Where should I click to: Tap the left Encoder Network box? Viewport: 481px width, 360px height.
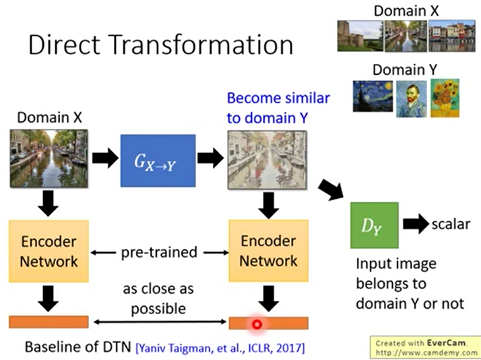(49, 251)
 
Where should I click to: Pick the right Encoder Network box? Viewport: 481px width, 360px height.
(268, 251)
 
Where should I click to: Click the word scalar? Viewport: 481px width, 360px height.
(451, 223)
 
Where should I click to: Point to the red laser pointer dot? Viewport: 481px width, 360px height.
(257, 324)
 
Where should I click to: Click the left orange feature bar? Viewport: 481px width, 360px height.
(49, 322)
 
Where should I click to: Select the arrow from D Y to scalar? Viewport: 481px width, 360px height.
(414, 223)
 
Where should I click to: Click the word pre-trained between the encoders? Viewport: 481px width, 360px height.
(159, 252)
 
